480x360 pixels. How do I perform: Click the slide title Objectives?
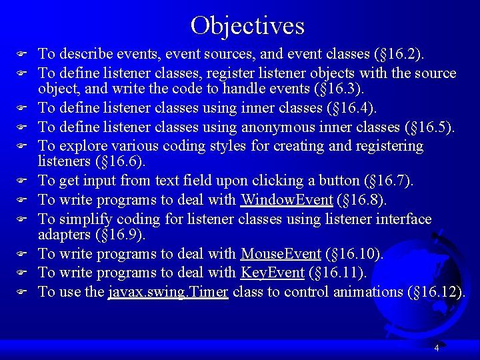click(x=247, y=26)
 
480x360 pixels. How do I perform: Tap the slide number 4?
click(x=436, y=348)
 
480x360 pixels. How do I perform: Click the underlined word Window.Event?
click(x=287, y=200)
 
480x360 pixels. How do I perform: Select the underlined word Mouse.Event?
click(x=281, y=253)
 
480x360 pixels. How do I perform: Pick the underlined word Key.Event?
click(x=272, y=273)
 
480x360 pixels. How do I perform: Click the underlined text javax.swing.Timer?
click(x=168, y=292)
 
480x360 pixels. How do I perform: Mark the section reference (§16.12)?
click(x=436, y=292)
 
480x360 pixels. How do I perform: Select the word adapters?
click(x=65, y=235)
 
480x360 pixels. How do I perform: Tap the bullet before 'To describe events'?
click(x=21, y=54)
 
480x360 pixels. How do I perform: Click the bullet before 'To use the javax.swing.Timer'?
click(x=21, y=292)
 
